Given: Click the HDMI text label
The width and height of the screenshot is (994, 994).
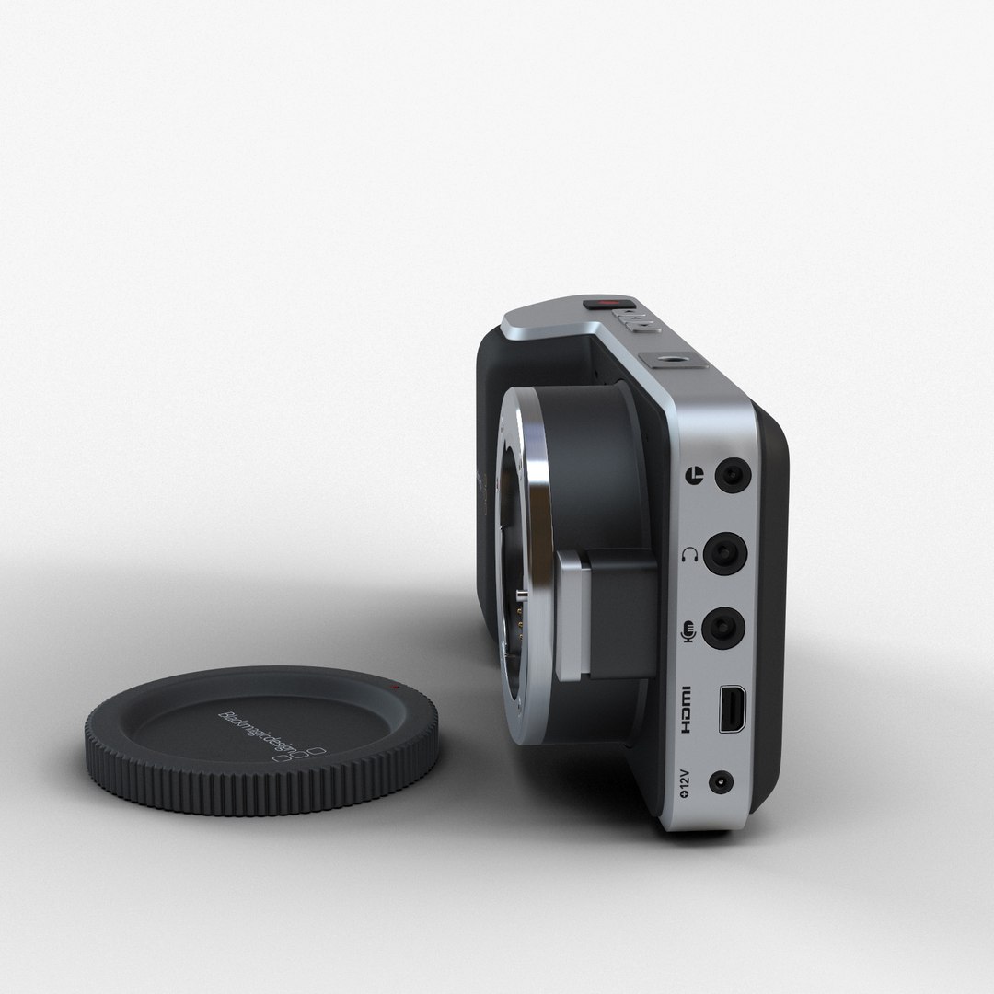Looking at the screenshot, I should point(685,710).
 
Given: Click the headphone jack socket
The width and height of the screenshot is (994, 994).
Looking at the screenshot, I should point(725,554).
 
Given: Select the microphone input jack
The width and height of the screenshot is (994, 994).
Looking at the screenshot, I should point(723,630).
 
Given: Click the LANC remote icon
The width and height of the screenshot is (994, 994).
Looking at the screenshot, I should point(695,476).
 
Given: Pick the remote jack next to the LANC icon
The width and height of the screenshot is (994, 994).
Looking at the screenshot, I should point(733,475).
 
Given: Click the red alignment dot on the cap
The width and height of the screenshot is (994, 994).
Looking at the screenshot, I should point(394,688).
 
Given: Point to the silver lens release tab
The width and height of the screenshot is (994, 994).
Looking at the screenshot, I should point(571,617).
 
